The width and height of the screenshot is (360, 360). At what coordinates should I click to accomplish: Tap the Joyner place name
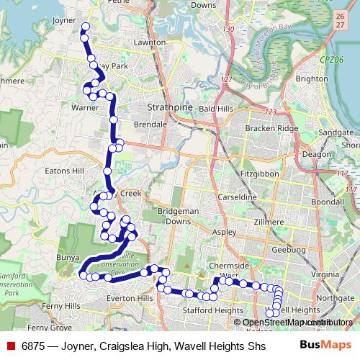coord(64,21)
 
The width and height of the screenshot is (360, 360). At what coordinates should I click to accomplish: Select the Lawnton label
coord(149,42)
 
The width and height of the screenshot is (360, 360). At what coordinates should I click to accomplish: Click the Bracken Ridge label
coord(271,127)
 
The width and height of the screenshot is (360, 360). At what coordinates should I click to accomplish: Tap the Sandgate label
coord(336,132)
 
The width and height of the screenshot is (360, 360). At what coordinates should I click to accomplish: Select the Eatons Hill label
coord(65,171)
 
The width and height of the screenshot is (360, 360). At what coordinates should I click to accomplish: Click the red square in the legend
coord(10,346)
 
